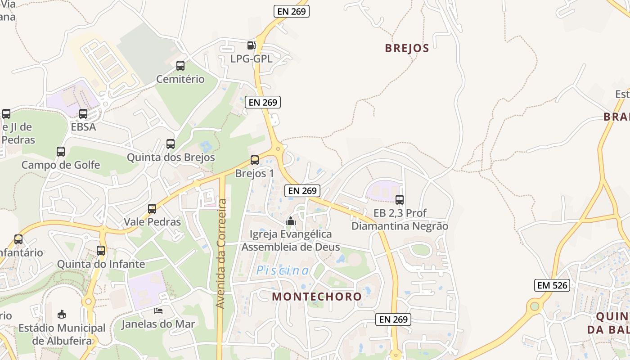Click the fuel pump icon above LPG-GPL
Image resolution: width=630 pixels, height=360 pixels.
(252, 45)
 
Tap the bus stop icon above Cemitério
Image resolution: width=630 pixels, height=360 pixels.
(180, 66)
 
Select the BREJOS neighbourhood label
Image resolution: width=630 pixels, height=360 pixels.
(407, 48)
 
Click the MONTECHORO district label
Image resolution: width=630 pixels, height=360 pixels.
(317, 297)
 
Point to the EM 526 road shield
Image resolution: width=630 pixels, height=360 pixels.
(552, 285)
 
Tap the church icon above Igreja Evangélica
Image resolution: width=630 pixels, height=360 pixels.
(291, 221)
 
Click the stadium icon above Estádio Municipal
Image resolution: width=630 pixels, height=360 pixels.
(62, 314)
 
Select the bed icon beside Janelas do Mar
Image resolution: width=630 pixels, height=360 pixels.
(158, 310)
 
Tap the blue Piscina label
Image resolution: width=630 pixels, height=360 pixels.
(283, 270)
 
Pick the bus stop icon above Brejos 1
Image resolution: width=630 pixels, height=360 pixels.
(255, 160)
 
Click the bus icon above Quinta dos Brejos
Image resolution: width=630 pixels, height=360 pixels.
(171, 144)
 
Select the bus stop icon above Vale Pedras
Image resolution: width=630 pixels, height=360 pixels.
(152, 209)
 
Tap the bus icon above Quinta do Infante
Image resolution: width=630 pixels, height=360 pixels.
(101, 251)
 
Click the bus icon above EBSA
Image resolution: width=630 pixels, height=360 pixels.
(83, 114)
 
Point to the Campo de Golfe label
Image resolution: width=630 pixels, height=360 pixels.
(61, 165)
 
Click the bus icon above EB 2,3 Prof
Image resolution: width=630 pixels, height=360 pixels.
(400, 199)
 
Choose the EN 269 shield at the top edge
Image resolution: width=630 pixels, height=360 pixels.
(292, 11)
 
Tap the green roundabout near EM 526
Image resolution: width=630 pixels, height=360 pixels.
(535, 306)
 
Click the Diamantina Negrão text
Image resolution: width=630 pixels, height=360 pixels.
(400, 226)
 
